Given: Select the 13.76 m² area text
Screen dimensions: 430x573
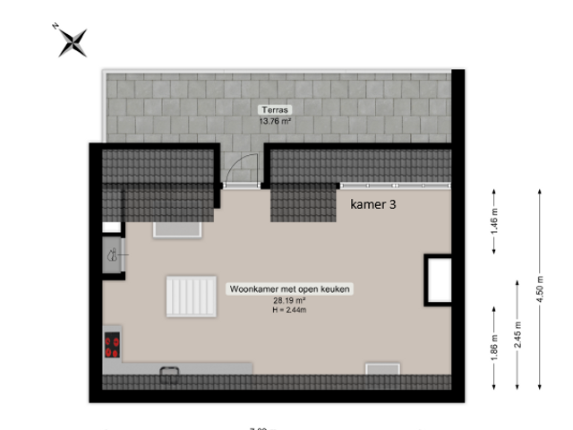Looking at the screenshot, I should click(277, 119).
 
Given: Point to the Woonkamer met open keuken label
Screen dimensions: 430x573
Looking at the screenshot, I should click(290, 289).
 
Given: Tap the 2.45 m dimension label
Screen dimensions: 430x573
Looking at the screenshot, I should click(517, 333).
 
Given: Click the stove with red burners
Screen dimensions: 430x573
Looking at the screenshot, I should click(113, 345).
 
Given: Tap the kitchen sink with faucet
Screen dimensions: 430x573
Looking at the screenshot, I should click(112, 255).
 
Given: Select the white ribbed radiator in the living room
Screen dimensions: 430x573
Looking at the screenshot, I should click(190, 295).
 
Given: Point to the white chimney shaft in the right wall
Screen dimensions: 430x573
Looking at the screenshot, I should click(439, 279).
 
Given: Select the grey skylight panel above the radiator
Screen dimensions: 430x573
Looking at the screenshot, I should click(178, 229).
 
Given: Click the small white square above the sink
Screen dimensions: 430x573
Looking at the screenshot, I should click(111, 228).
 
